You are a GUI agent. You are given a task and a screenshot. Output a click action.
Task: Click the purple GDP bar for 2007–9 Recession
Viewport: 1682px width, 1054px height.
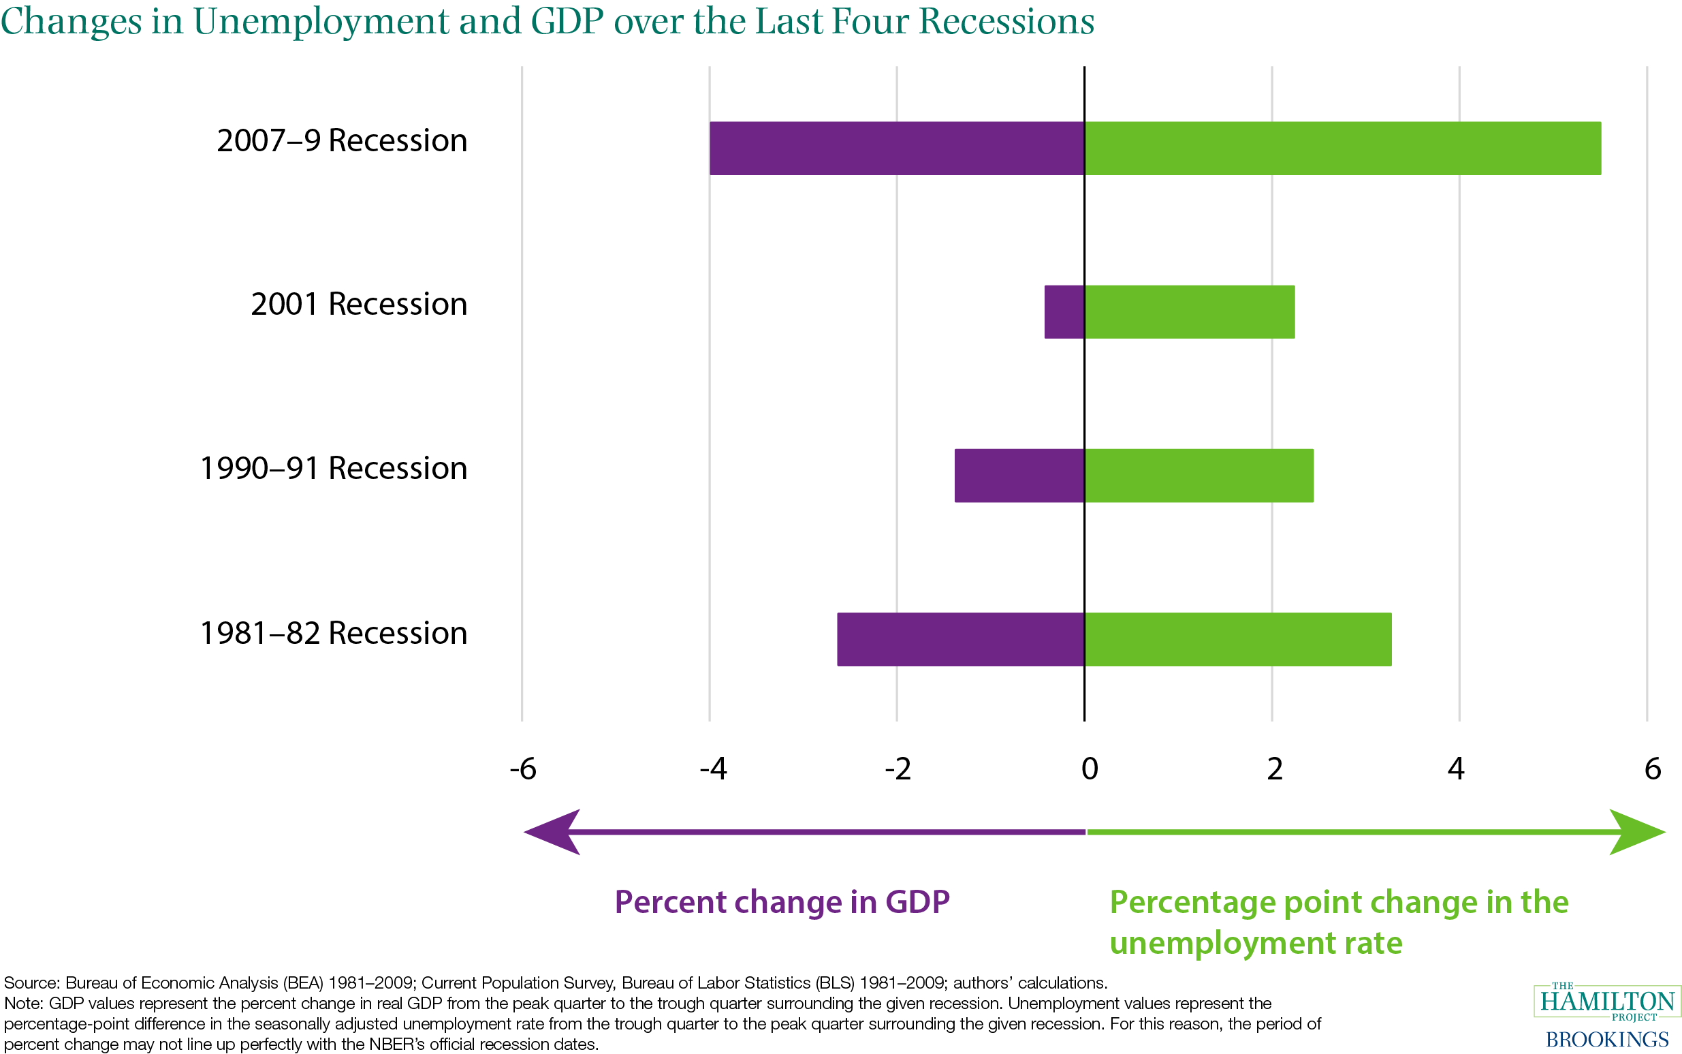(897, 148)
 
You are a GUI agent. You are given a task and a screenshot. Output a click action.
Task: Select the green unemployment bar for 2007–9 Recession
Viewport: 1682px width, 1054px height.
(1342, 148)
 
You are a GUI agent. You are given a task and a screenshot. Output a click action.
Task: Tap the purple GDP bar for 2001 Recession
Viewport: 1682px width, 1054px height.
(1064, 311)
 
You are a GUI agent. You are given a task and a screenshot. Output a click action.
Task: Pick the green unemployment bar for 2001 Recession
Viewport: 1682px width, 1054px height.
(1189, 311)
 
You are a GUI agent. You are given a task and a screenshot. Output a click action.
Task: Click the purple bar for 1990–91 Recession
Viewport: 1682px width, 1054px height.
(1019, 476)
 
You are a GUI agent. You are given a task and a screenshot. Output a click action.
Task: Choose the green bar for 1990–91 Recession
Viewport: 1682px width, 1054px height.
(1199, 476)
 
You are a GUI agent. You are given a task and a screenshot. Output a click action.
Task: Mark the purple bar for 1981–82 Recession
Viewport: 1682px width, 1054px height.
(960, 639)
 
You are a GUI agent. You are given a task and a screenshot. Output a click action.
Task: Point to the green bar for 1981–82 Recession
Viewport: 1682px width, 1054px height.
(1237, 639)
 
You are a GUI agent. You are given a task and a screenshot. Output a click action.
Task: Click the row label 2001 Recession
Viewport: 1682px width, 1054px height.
(358, 304)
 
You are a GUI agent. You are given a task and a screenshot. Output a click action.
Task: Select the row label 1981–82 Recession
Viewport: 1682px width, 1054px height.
(333, 633)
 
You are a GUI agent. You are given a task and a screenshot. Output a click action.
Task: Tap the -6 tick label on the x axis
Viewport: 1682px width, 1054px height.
(522, 769)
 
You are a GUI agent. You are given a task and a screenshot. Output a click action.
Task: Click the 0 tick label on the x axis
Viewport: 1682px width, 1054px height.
(1089, 769)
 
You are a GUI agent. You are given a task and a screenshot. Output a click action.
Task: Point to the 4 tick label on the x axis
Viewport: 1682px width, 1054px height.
(1455, 769)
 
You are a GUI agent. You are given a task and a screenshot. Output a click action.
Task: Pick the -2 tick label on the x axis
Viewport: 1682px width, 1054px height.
(898, 769)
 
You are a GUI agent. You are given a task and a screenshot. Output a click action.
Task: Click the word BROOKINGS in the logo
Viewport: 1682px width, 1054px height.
(1606, 1040)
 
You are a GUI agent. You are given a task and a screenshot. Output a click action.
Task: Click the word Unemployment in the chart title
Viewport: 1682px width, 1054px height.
(321, 21)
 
